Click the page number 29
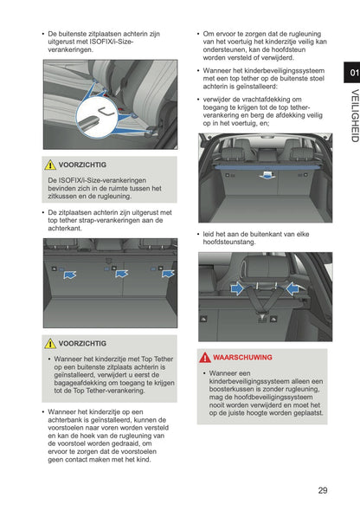click(x=322, y=490)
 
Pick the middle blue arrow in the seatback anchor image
click(x=121, y=274)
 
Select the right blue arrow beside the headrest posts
click(x=294, y=288)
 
